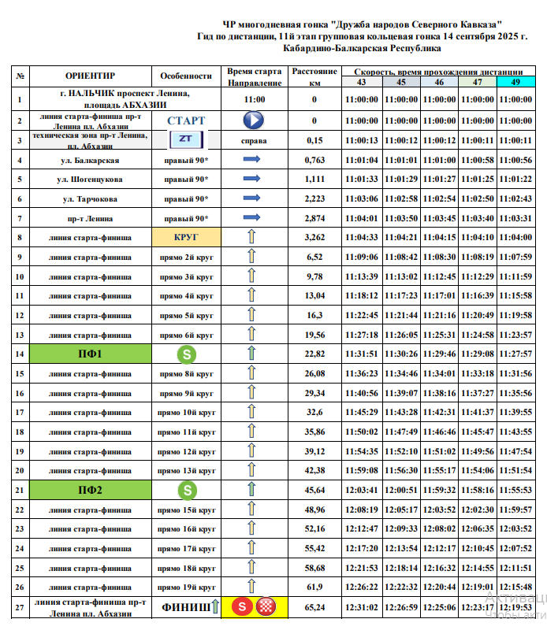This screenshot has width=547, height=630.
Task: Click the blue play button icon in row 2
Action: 252,120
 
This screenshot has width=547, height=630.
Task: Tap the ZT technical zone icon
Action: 186,139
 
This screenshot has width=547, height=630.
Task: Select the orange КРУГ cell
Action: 186,236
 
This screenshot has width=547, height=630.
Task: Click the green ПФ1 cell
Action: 89,354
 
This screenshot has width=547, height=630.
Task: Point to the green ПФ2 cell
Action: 89,490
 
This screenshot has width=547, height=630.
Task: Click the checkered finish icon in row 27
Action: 267,607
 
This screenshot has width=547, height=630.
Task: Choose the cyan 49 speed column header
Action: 515,82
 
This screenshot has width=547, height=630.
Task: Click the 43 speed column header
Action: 362,82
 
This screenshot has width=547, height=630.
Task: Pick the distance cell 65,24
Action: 314,607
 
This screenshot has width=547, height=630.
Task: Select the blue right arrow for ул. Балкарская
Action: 252,160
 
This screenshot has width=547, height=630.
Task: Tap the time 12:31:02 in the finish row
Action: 362,607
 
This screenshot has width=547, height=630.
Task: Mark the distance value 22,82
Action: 314,354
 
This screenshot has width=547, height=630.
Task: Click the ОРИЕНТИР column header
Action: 89,76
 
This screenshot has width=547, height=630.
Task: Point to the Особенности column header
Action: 186,76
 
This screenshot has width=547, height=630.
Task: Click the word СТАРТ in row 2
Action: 186,120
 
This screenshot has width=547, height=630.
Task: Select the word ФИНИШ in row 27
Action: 186,607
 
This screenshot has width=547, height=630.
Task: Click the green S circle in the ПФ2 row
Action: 186,490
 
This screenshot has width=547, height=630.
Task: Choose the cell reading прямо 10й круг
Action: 186,412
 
